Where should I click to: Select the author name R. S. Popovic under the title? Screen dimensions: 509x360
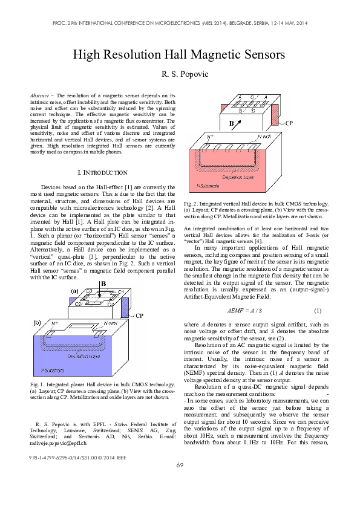click(180, 74)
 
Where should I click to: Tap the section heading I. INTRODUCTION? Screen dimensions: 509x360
click(103, 172)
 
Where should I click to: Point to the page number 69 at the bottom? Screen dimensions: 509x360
click(180, 482)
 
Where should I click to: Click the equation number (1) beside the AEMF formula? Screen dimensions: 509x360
click(317, 310)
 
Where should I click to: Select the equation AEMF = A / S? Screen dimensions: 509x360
click(244, 310)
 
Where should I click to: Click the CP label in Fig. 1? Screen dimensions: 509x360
click(139, 316)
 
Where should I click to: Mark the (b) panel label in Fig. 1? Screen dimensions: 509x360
click(37, 322)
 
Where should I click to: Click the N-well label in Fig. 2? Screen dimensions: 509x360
click(265, 137)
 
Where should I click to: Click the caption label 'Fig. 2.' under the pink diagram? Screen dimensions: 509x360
click(191, 204)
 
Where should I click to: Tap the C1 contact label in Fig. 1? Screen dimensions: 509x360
click(120, 292)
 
